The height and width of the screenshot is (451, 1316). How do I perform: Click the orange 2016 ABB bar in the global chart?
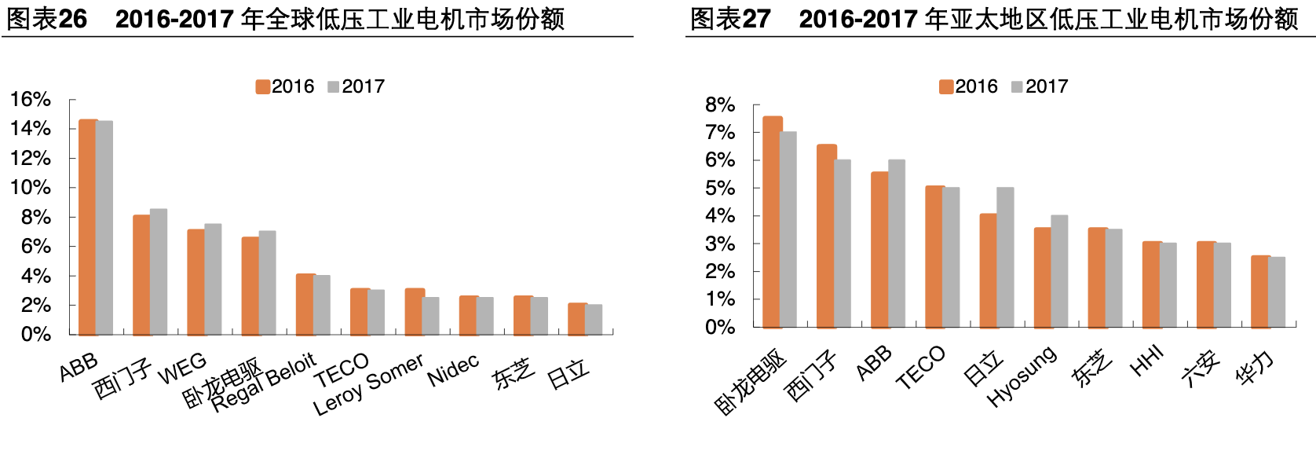88,227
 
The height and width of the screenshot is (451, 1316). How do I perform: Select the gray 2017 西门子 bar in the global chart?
159,272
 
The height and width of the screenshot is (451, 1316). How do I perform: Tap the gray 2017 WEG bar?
213,279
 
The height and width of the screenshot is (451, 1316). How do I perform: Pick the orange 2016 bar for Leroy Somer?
414,312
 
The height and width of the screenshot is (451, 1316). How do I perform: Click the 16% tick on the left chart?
31,100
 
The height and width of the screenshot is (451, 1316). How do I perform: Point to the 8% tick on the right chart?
720,105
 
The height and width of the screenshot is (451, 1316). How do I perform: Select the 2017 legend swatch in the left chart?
333,86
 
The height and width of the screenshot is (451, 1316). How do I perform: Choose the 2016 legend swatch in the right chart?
946,86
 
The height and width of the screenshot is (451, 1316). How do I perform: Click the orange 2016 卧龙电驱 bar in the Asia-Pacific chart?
772,222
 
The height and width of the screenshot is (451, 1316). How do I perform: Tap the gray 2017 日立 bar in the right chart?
1005,257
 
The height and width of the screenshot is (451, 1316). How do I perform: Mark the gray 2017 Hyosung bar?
1059,271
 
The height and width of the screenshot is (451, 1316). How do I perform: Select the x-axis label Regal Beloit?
264,382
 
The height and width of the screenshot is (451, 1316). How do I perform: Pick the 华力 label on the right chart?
1255,368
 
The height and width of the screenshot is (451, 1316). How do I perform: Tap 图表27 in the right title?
730,18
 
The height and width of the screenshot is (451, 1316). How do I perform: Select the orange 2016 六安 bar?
1205,284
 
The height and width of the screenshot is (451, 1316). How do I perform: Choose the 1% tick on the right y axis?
720,299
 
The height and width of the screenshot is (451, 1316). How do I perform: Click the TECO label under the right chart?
920,368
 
